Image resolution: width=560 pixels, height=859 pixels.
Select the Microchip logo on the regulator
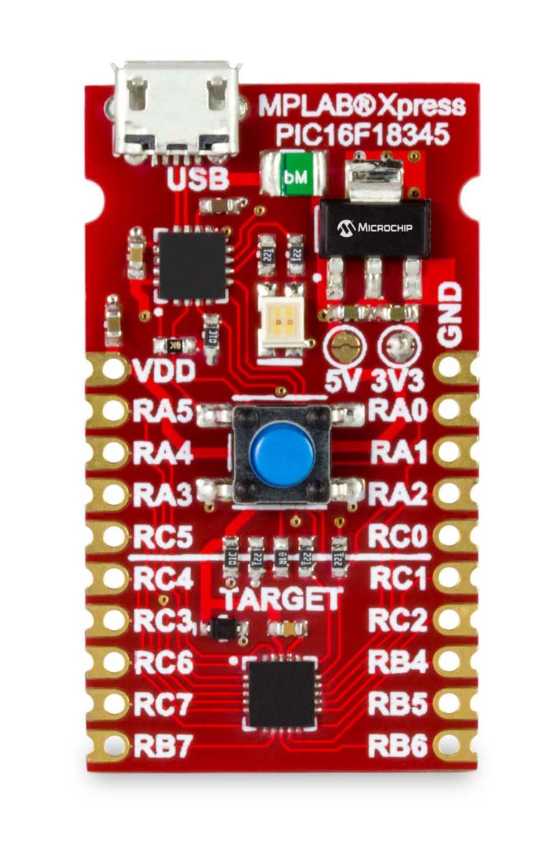[x=374, y=228]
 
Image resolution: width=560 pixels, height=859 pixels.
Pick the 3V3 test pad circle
[x=398, y=349]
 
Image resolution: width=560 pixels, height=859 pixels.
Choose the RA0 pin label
[x=398, y=412]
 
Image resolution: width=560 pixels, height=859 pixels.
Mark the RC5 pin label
[x=163, y=537]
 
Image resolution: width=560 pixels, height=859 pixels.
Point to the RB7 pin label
[x=163, y=747]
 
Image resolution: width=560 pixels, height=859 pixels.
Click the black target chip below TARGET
[x=282, y=693]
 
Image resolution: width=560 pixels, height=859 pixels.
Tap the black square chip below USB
[x=191, y=265]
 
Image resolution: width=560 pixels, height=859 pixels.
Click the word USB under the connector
[x=198, y=178]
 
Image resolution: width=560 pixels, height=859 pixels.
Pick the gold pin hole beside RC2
[x=448, y=619]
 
